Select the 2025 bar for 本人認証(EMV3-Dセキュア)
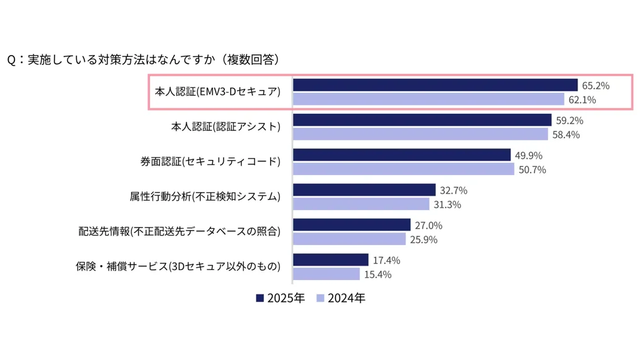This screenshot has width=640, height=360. (x=435, y=85)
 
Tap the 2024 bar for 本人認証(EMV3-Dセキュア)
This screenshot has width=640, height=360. (x=429, y=99)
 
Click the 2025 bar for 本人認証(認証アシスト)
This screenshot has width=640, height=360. (x=422, y=120)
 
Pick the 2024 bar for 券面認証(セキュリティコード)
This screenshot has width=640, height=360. (x=403, y=169)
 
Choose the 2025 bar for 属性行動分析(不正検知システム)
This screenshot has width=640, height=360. (x=364, y=190)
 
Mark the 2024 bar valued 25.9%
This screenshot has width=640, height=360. (x=349, y=239)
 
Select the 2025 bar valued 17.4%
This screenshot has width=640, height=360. (x=331, y=260)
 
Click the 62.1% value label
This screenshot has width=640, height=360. (x=582, y=99)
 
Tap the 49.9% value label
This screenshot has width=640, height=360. (x=529, y=155)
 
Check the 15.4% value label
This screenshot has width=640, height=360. (x=378, y=274)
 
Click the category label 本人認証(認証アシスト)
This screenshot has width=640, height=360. (x=226, y=127)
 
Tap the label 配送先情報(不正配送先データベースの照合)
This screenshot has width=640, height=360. (x=179, y=232)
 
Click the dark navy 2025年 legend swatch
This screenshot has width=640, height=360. (x=260, y=298)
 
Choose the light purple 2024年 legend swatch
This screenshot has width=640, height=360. (x=321, y=298)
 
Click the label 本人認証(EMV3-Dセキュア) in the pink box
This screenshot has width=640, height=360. (x=217, y=92)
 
